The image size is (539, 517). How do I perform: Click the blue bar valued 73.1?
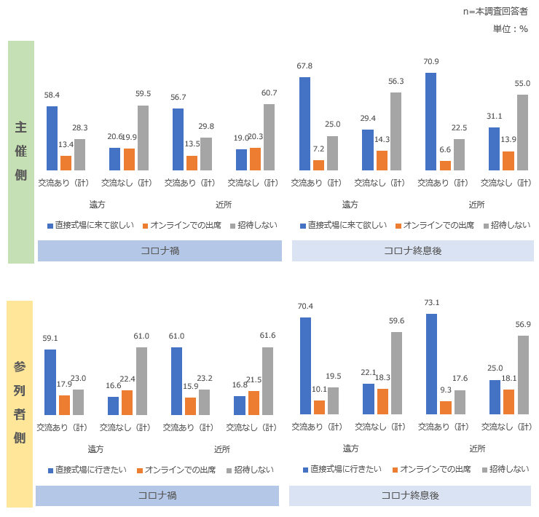pyautogui.click(x=431, y=364)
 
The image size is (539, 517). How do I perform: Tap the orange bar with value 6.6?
pyautogui.click(x=445, y=165)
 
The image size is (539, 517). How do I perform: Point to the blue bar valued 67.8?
pyautogui.click(x=304, y=123)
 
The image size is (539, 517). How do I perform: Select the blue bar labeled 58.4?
pyautogui.click(x=52, y=138)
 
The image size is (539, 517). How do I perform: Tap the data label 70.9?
pyautogui.click(x=431, y=62)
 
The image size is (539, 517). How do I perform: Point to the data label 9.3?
pyautogui.click(x=445, y=390)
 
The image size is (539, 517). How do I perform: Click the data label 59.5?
pyautogui.click(x=143, y=94)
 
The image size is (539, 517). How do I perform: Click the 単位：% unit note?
pyautogui.click(x=510, y=28)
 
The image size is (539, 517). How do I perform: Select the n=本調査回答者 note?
pyautogui.click(x=495, y=12)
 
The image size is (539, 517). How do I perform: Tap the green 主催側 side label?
pyautogui.click(x=21, y=151)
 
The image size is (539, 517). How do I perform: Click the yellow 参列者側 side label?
pyautogui.click(x=21, y=404)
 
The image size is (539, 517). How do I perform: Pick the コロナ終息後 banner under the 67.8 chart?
pyautogui.click(x=412, y=251)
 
